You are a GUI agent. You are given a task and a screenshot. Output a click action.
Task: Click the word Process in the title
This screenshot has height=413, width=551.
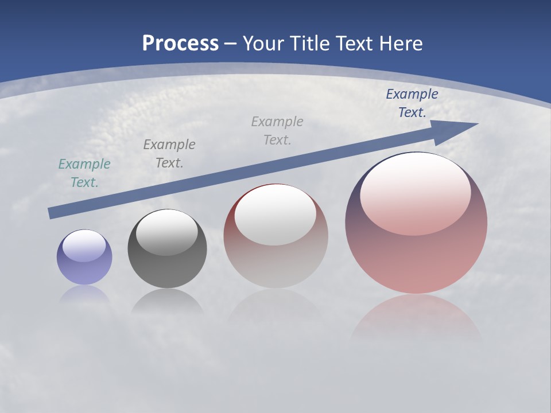point(180,44)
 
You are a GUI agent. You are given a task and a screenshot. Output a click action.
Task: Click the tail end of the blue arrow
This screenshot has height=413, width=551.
point(52,213)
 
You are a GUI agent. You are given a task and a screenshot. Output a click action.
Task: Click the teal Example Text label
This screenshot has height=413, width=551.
point(84,173)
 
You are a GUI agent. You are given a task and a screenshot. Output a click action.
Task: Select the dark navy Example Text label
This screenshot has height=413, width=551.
point(412,103)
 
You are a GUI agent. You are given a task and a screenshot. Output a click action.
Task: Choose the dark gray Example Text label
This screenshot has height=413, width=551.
point(169,154)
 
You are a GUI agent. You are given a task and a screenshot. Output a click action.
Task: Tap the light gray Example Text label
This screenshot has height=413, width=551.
point(277,131)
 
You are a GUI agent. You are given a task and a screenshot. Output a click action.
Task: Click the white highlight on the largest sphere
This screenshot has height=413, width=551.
point(415,194)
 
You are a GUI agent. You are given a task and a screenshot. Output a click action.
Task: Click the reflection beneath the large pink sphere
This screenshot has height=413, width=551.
point(416,318)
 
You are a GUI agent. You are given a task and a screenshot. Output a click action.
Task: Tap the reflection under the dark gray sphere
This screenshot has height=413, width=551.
point(168,301)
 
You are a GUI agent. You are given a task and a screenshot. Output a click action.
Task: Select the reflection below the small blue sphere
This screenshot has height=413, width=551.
point(84,294)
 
